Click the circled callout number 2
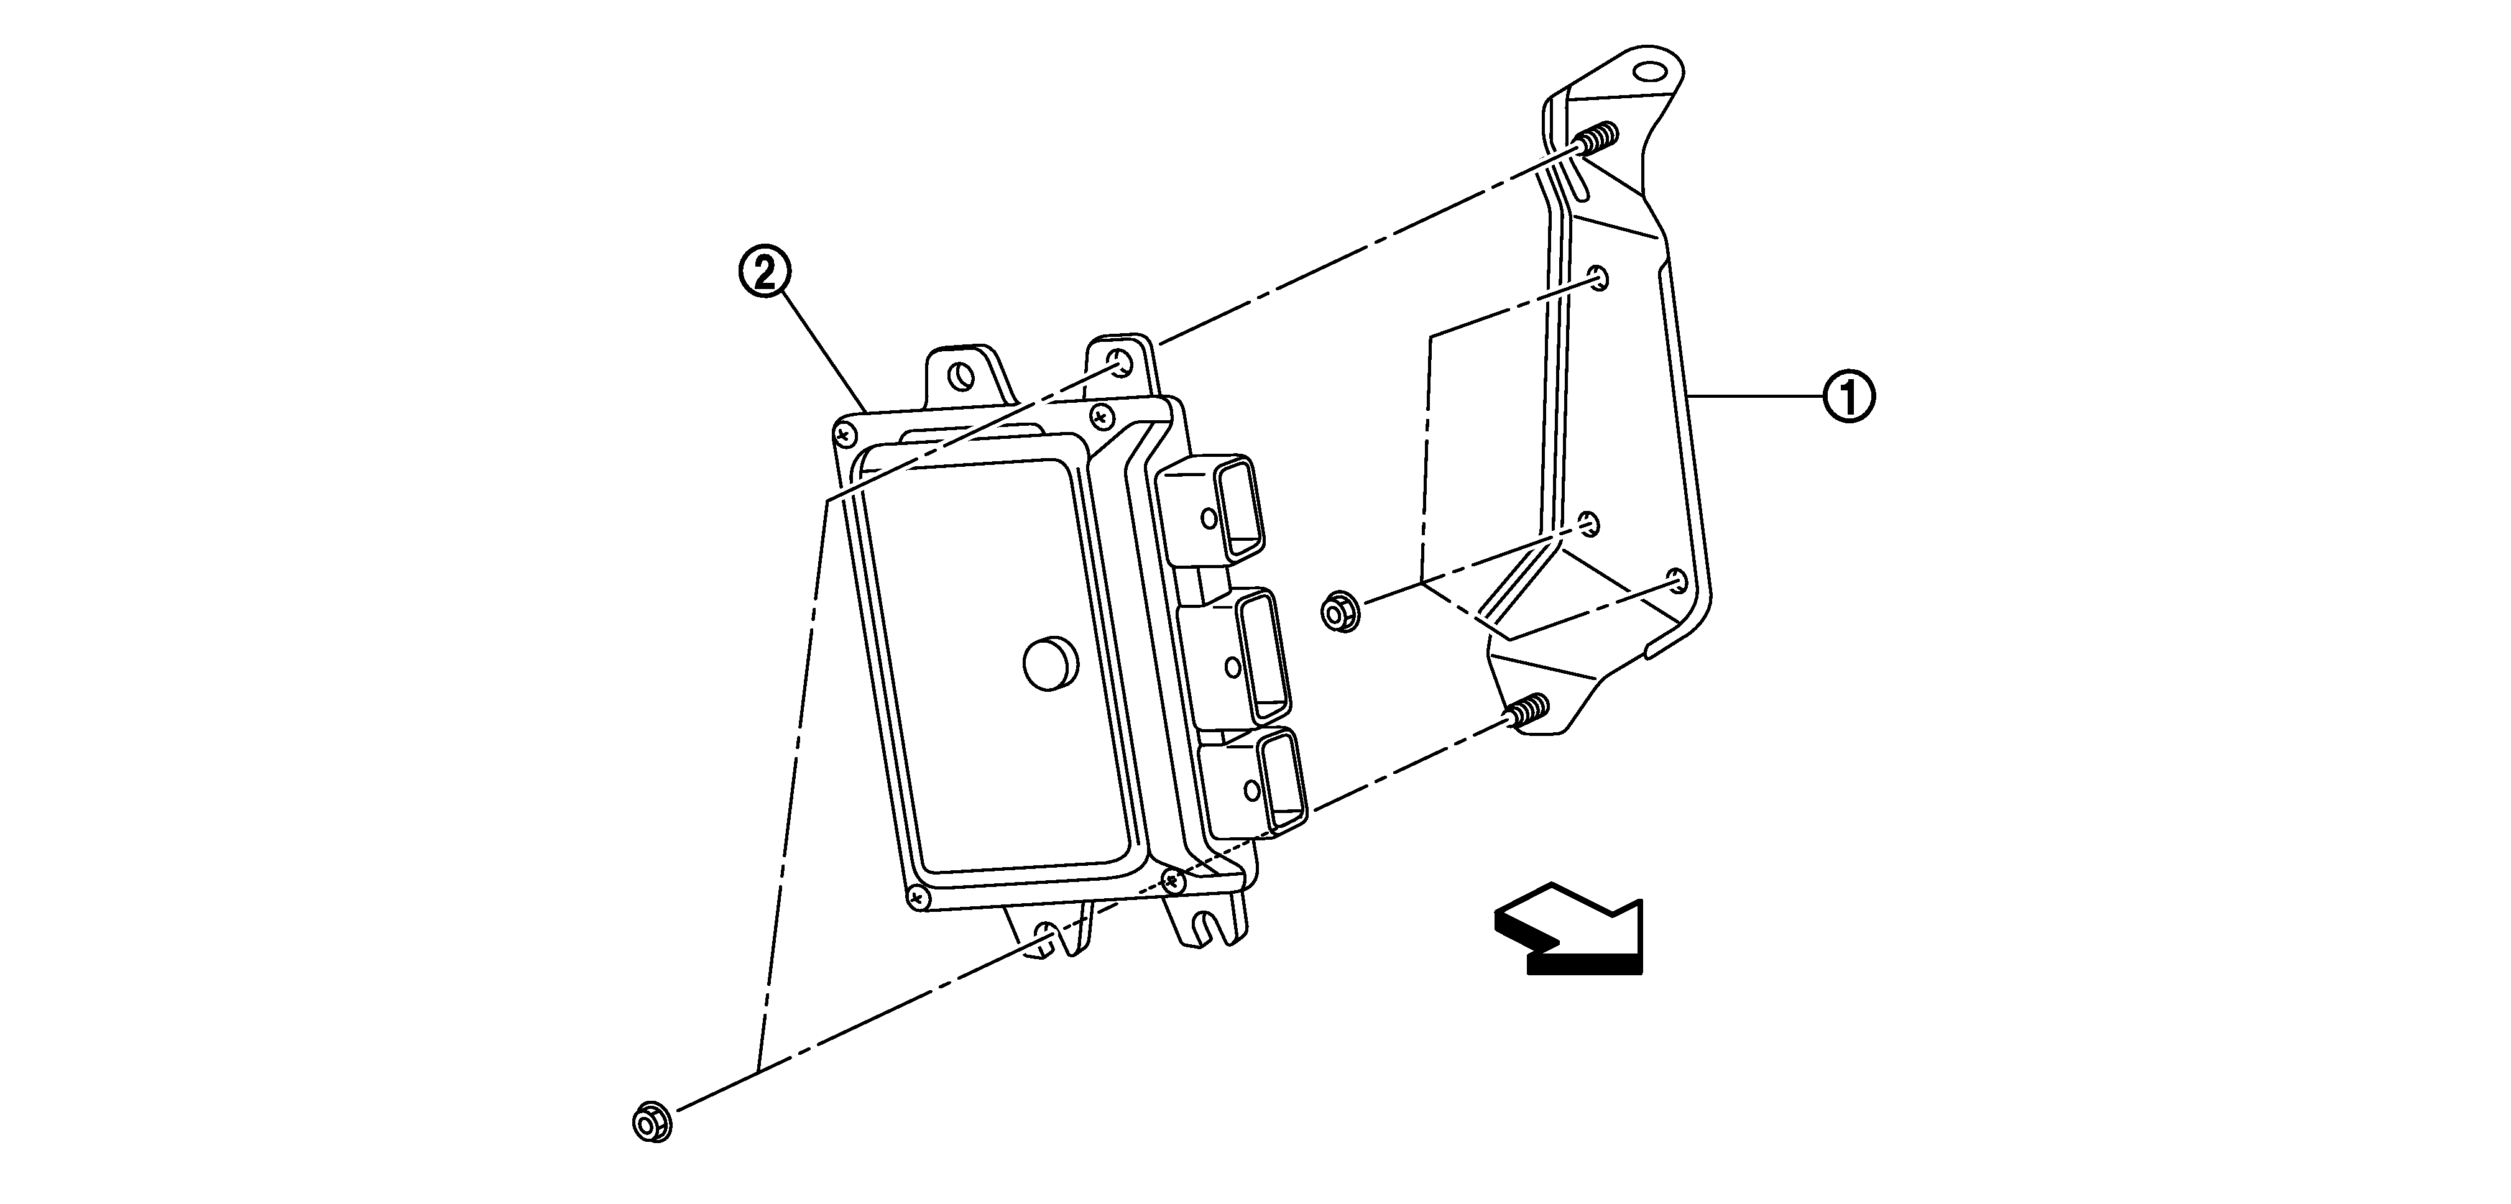tap(763, 273)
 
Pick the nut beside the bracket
tap(1340, 612)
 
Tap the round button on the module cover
tap(1050, 663)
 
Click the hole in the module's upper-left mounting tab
tap(962, 376)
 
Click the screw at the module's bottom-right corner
tap(1174, 880)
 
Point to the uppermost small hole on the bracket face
tap(1596, 278)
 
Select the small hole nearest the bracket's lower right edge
tap(1677, 581)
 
